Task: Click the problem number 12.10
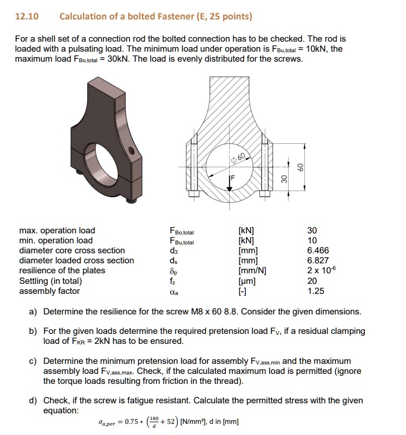(26, 16)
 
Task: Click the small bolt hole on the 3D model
(131, 151)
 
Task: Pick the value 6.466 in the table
(318, 251)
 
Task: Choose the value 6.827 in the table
(318, 261)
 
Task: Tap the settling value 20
(311, 281)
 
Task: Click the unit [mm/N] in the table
(252, 271)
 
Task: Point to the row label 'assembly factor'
(49, 291)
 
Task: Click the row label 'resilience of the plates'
(62, 271)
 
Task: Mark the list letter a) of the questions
(33, 312)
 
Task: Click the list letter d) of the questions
(33, 401)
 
